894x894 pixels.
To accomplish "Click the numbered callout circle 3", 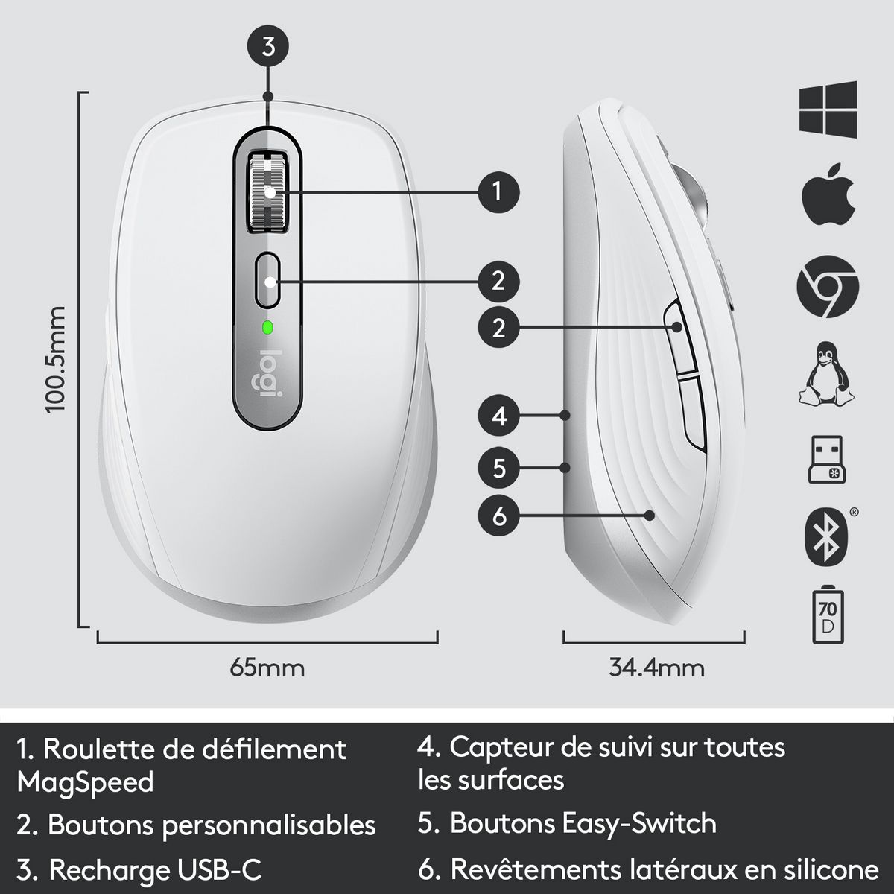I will [269, 46].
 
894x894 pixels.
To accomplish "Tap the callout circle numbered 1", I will [498, 192].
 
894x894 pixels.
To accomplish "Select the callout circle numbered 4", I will [499, 415].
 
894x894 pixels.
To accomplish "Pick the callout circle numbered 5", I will [499, 468].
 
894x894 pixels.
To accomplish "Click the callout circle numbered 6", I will [499, 515].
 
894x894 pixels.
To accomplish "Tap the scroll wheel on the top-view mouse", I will [268, 191].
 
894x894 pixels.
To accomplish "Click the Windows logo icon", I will [828, 110].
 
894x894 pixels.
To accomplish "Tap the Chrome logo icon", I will [828, 287].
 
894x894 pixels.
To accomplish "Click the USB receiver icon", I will [828, 460].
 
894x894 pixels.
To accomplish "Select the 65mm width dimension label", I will [267, 668].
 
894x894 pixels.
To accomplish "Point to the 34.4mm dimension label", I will [656, 668].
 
